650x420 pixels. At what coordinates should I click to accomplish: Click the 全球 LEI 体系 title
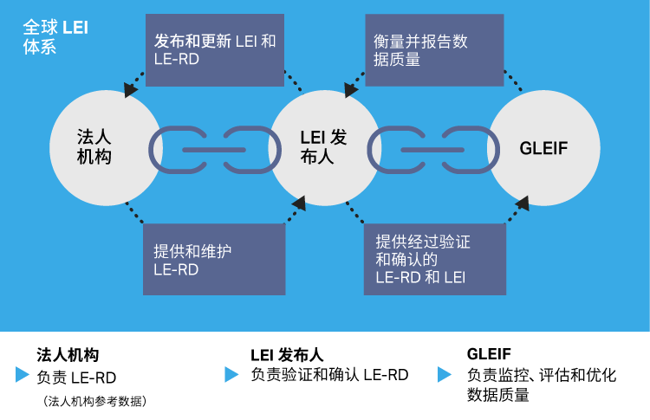point(55,36)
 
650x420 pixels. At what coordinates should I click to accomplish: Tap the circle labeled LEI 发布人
point(325,148)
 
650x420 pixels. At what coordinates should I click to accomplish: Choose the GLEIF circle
point(544,148)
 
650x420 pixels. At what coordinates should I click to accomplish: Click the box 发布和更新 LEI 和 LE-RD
point(215,50)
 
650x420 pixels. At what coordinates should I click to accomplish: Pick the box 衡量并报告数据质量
point(434,50)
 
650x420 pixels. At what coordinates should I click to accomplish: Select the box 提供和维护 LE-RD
point(214,260)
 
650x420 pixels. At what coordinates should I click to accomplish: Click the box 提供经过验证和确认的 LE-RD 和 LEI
point(434,260)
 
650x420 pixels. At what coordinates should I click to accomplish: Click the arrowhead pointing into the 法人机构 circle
point(130,89)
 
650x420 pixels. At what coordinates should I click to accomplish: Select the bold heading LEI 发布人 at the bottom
point(287,355)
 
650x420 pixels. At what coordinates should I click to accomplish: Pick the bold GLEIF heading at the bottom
point(489,354)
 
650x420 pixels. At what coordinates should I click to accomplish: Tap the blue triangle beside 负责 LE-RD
point(23,375)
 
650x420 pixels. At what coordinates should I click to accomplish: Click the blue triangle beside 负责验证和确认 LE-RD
point(231,375)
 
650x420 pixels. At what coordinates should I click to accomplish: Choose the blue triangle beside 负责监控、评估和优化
point(445,375)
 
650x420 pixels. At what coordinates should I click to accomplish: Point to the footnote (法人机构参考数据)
point(94,401)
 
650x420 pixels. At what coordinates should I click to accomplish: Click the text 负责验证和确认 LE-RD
point(329,375)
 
